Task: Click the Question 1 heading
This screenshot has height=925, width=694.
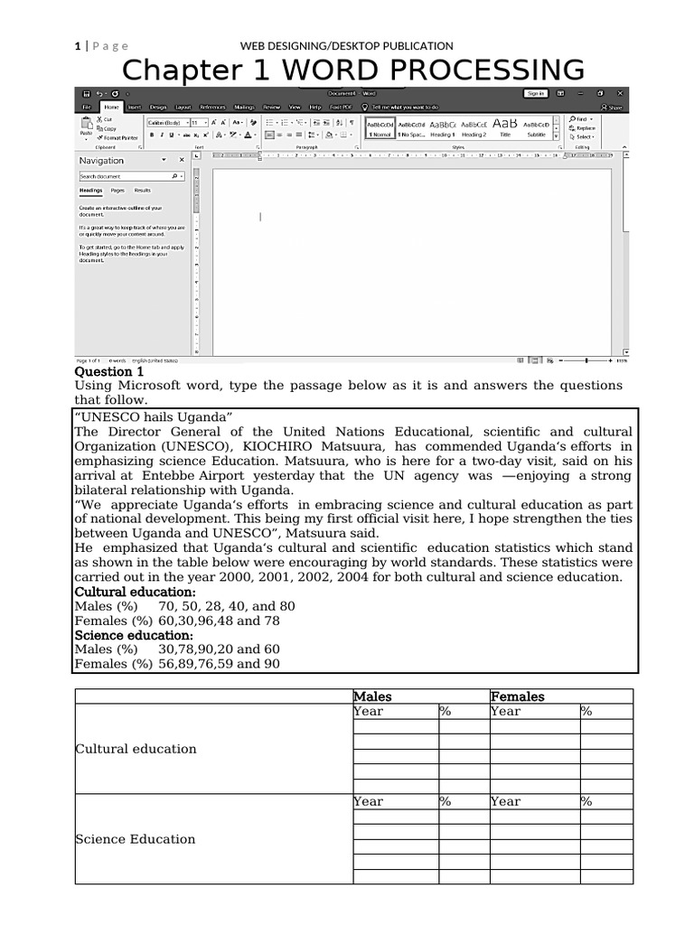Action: point(108,371)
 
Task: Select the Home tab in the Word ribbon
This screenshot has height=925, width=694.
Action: point(112,107)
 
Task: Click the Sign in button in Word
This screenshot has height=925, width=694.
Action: point(535,93)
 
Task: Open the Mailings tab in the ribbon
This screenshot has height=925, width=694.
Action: point(244,107)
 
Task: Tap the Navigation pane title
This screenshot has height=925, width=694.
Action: point(102,161)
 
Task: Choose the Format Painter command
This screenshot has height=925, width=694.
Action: point(120,138)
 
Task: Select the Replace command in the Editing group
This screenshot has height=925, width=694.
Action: point(585,128)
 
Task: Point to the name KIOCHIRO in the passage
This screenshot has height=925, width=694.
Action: point(278,446)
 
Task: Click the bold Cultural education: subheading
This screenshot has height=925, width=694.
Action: point(135,592)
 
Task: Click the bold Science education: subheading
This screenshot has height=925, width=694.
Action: point(134,635)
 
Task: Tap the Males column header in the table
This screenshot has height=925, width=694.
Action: point(372,696)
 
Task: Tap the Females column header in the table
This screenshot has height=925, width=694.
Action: point(518,696)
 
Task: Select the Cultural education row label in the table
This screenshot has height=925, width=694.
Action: point(136,749)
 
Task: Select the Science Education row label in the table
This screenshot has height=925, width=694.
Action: point(136,839)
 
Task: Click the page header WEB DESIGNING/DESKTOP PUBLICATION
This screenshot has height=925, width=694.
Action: point(346,46)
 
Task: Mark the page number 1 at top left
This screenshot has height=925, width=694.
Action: point(78,46)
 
